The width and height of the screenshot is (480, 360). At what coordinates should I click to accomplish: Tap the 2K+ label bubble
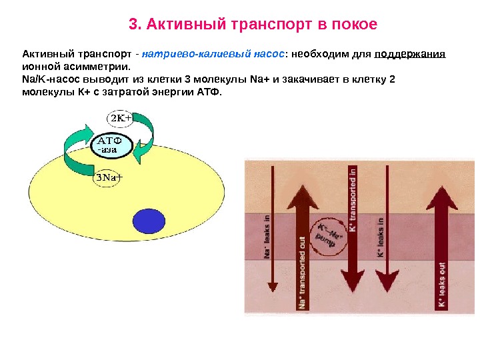click(x=121, y=118)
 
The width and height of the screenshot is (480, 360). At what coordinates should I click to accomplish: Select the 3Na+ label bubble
click(x=107, y=178)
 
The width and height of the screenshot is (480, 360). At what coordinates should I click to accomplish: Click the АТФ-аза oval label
click(x=113, y=145)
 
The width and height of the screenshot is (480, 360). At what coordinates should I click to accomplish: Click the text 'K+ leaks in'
click(x=381, y=238)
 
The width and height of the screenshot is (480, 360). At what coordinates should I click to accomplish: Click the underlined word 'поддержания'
click(x=410, y=54)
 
